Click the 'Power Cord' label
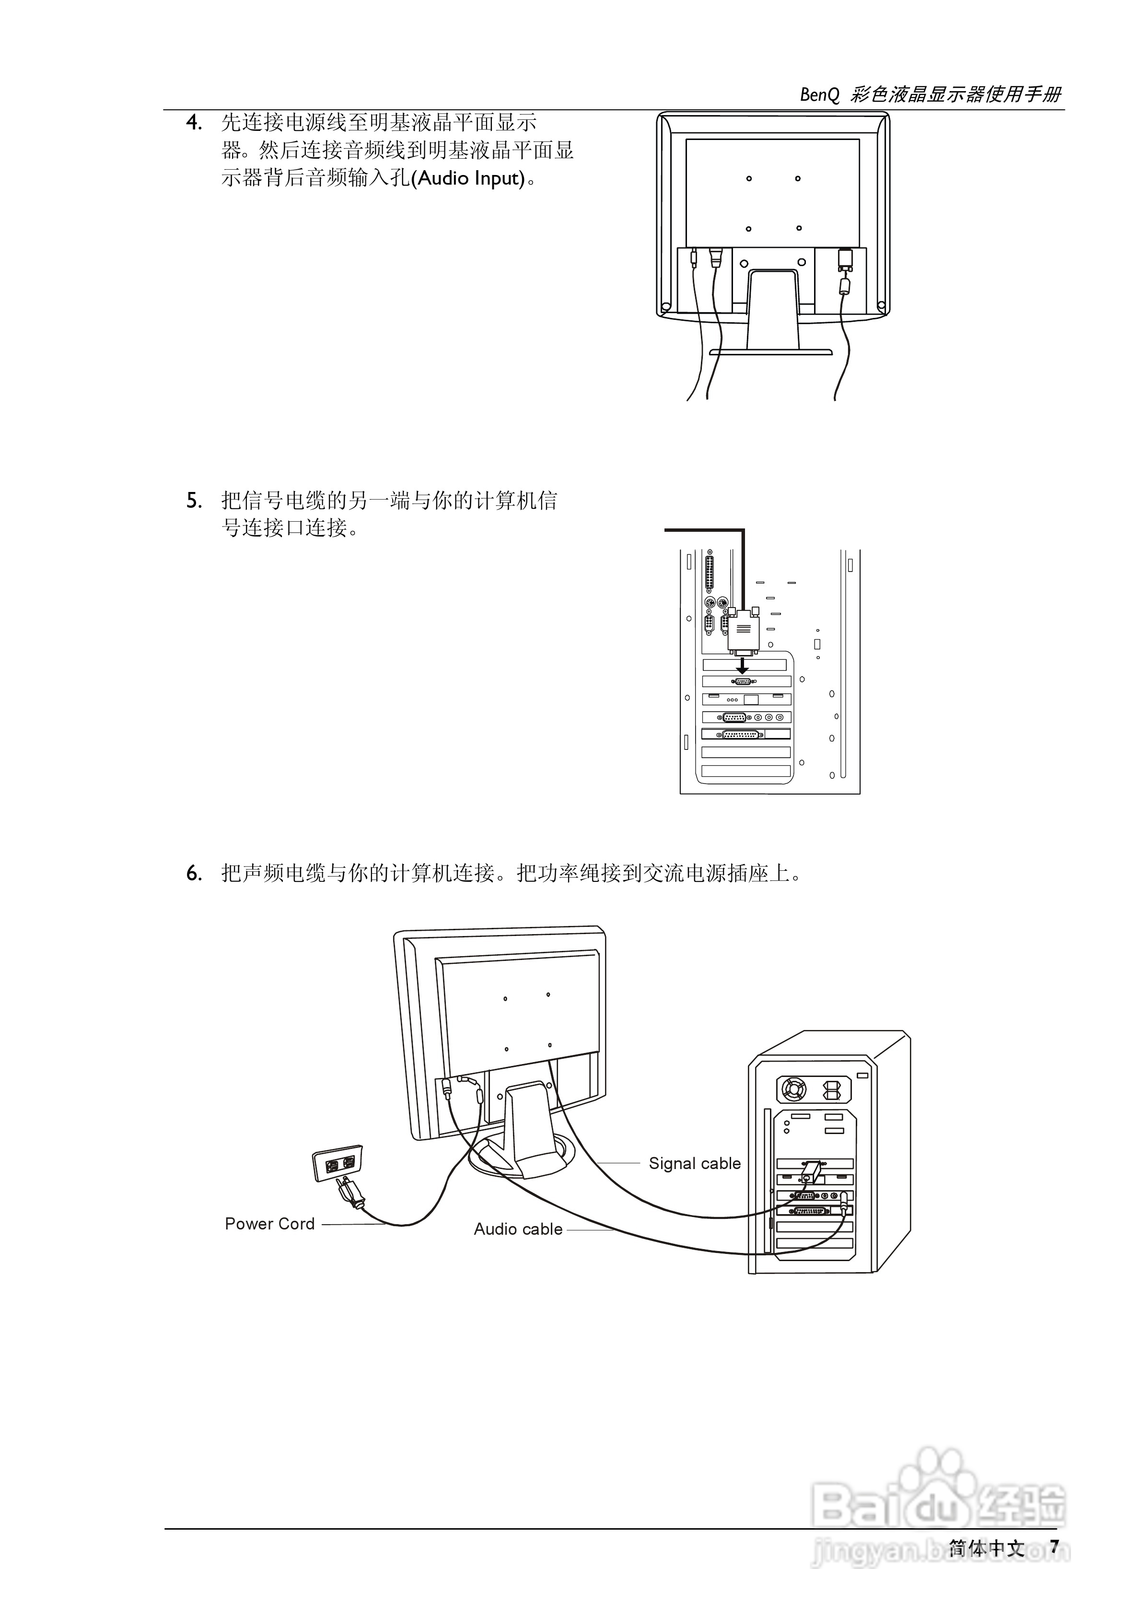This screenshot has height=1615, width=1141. pos(269,1224)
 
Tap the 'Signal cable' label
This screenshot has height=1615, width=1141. pos(694,1163)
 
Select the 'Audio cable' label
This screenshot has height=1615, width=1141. pos(518,1229)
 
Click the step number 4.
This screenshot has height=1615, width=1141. pos(194,123)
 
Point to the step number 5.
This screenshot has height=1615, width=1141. pos(194,502)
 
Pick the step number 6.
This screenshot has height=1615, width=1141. pos(194,874)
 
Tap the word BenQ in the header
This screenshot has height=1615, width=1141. pos(819,95)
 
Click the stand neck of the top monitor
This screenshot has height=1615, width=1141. pos(773,309)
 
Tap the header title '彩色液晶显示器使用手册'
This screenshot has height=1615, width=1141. pos(955,95)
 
